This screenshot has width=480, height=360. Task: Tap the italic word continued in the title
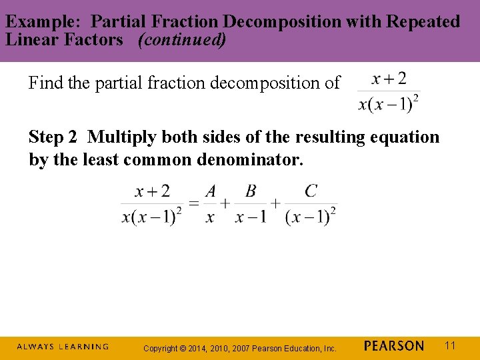point(181,39)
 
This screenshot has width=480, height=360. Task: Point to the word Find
point(45,83)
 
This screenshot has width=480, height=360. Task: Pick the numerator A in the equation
point(211,191)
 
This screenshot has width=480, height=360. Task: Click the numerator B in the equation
point(251,191)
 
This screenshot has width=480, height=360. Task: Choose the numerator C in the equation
point(311,191)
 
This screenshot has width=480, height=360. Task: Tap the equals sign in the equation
point(194,203)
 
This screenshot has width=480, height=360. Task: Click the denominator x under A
point(210,217)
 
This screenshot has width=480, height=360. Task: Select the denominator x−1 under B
point(251,217)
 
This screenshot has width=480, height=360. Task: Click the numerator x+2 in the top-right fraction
point(389,79)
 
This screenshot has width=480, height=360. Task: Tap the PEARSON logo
point(394,346)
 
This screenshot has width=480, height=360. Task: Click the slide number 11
point(450,345)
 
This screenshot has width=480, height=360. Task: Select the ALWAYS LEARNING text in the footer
point(63,347)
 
